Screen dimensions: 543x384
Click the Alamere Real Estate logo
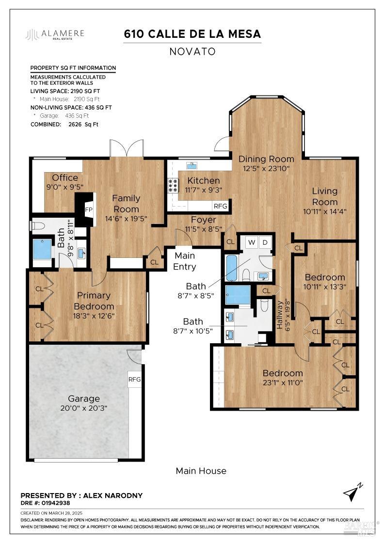pos(55,34)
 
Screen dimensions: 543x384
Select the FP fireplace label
pos(89,210)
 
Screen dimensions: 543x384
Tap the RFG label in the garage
pos(134,379)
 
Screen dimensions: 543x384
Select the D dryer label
pos(265,241)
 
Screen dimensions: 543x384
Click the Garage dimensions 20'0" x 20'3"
pos(84,408)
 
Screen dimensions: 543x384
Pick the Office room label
pos(65,177)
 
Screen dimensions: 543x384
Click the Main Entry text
pos(185,261)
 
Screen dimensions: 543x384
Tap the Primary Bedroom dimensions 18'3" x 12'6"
pos(92,316)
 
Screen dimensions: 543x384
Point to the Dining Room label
pos(266,159)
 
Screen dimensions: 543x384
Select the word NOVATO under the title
pos(192,51)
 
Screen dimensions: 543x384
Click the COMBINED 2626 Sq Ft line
pos(64,124)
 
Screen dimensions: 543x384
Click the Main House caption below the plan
pos(201,471)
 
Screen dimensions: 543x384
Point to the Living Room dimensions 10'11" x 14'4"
pos(324,211)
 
